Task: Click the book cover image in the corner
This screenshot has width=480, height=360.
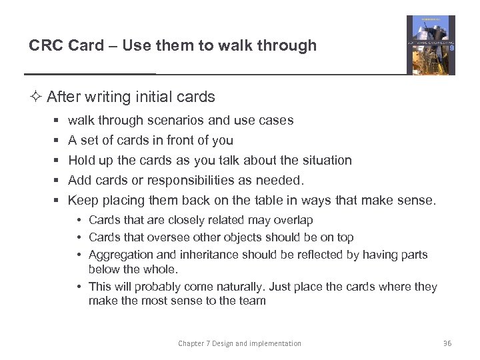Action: point(431,45)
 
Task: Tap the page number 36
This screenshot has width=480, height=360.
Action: point(447,343)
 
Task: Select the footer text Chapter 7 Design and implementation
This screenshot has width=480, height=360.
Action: point(239,343)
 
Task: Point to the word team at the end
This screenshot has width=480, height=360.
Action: point(252,301)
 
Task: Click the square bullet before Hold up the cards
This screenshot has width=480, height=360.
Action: point(58,161)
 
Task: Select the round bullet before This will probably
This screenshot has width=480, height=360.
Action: point(79,287)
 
